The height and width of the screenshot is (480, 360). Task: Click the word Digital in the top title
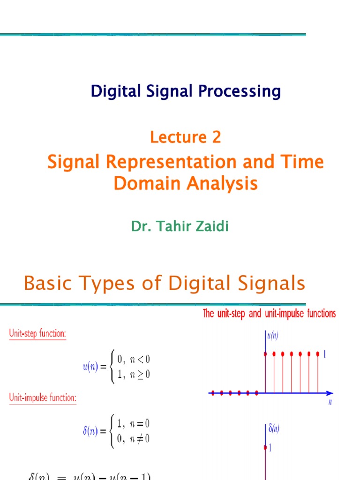(x=112, y=91)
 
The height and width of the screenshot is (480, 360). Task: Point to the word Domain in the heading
(x=146, y=183)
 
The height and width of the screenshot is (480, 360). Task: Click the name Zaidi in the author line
(x=212, y=227)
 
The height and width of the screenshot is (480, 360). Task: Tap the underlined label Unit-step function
(x=38, y=334)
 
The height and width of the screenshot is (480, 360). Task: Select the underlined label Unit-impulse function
(x=43, y=398)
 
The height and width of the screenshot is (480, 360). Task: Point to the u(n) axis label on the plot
(x=272, y=336)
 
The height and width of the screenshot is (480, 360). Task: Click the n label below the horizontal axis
(x=330, y=402)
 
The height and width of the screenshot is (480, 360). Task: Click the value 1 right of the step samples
(x=324, y=354)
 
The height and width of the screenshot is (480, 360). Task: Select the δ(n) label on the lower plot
(x=274, y=428)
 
